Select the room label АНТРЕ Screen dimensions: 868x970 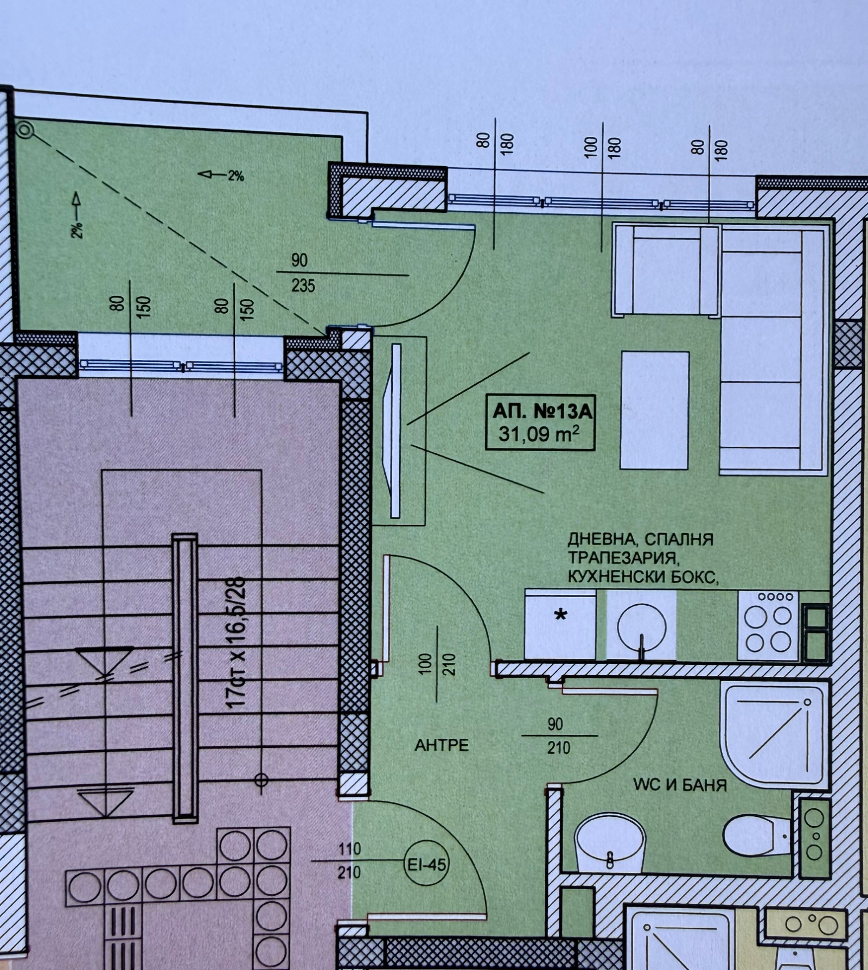[x=441, y=745]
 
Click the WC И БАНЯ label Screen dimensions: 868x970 [x=680, y=785]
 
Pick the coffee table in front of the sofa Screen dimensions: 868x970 [x=655, y=410]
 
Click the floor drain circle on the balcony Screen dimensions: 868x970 [x=25, y=130]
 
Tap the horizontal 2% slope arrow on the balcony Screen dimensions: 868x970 [x=221, y=175]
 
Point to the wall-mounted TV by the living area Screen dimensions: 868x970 [x=394, y=430]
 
